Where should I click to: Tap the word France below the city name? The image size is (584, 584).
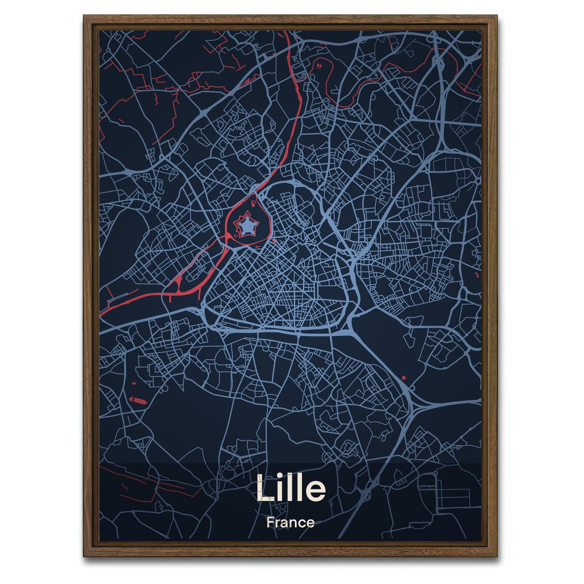(x=290, y=523)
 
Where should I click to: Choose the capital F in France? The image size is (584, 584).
(x=270, y=523)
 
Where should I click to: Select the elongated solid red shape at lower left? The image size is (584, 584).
(x=138, y=401)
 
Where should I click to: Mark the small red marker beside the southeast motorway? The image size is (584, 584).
(x=403, y=378)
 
